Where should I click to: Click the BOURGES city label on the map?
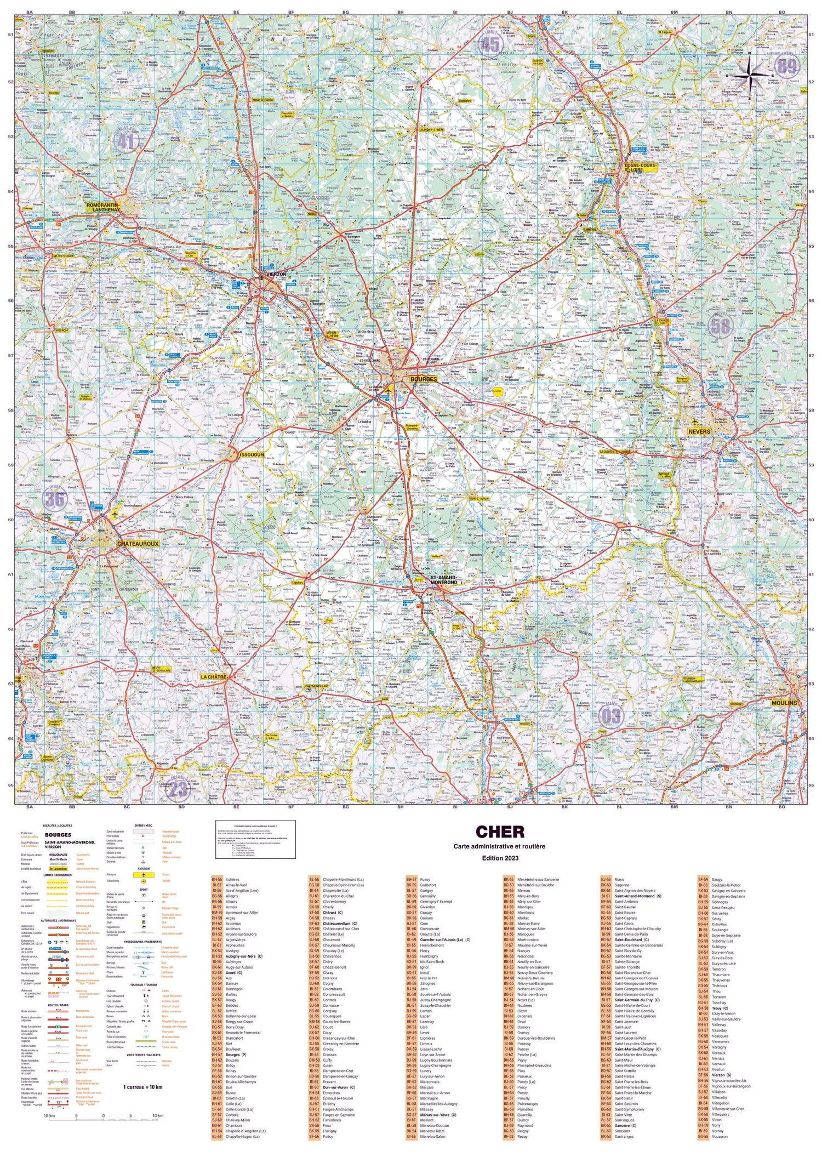tap(423, 379)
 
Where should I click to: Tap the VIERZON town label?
tap(275, 274)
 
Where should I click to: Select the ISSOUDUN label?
tap(252, 454)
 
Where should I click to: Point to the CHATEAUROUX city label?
tap(138, 544)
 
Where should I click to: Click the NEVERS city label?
tap(699, 431)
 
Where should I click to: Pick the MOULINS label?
tap(784, 703)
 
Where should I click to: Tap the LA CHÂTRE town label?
tap(213, 677)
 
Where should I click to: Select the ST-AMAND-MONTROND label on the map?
tap(443, 580)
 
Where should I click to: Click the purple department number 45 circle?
tap(490, 44)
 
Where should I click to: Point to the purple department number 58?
tap(720, 326)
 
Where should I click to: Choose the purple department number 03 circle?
tap(611, 716)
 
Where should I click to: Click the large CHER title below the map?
tap(499, 832)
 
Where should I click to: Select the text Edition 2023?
tap(499, 858)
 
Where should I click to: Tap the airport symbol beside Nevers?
tap(695, 422)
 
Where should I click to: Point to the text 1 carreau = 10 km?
tap(142, 1087)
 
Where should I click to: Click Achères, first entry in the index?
tap(232, 880)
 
